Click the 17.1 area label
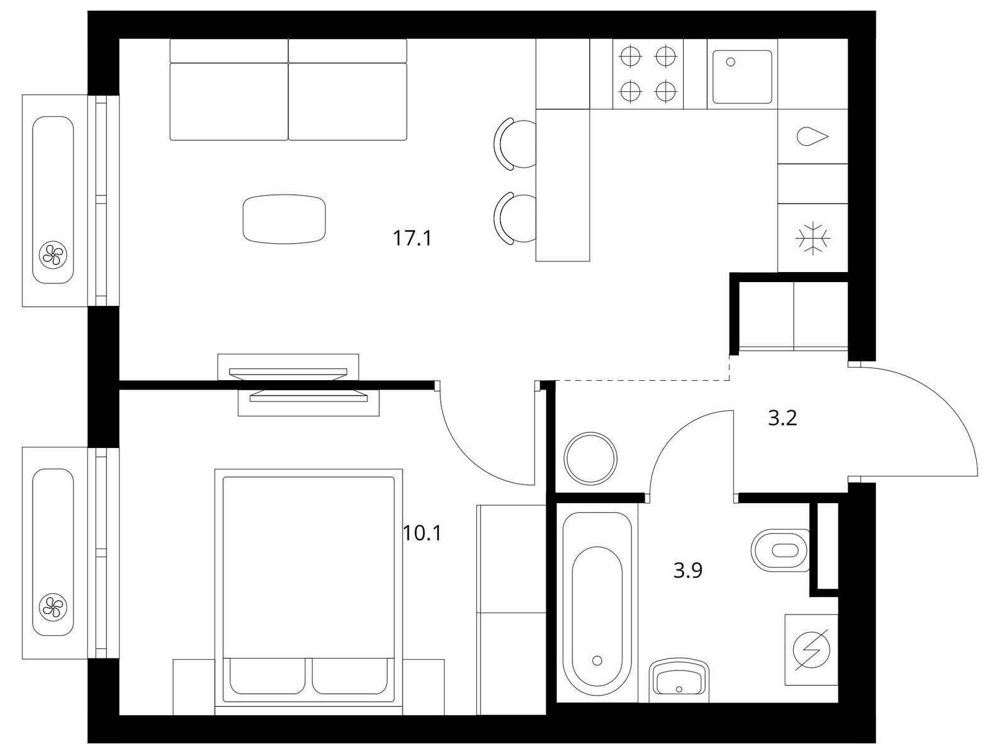click(412, 238)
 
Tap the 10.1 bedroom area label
click(422, 533)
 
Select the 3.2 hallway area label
click(782, 418)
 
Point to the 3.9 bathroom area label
click(688, 570)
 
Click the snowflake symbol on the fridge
click(813, 238)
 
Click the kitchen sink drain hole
click(731, 62)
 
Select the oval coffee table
click(284, 219)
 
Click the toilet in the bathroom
click(779, 550)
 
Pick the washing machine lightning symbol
click(812, 650)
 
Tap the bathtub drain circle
click(597, 660)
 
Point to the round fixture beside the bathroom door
click(591, 458)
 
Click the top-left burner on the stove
click(631, 57)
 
